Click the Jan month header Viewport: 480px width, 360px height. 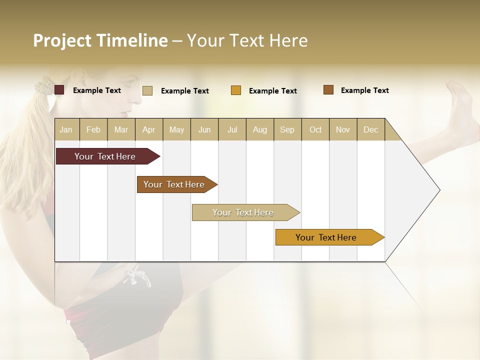point(66,129)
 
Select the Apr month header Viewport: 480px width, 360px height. point(149,129)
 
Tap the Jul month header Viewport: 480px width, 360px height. point(232,129)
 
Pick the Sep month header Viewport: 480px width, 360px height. point(287,129)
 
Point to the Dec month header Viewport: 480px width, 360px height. point(371,129)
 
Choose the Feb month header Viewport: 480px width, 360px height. point(93,129)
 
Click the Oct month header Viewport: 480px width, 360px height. point(315,129)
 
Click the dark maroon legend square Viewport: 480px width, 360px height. point(59,90)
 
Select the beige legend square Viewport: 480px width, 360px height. point(147,90)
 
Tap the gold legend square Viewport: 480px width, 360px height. point(236,90)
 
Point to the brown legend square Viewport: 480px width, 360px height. point(328,90)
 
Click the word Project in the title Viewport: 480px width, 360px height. point(62,40)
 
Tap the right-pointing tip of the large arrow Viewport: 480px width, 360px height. point(438,190)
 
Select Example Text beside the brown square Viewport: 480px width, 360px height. point(364,90)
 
